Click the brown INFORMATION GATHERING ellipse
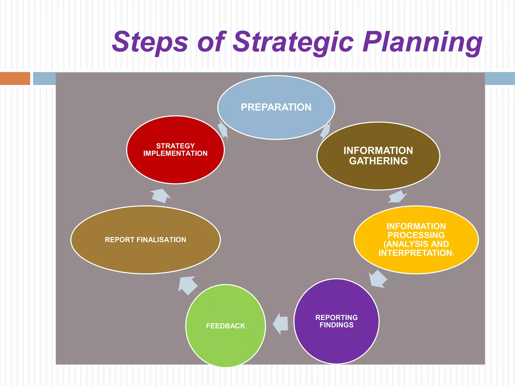pos(378,173)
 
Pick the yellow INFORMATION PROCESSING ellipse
pos(416,264)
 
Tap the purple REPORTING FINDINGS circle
pos(336,342)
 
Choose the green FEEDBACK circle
pos(226,344)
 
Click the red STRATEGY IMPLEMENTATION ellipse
pos(175,168)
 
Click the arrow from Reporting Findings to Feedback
pos(281,324)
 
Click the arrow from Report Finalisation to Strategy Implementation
pos(160,196)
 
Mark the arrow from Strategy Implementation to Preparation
pos(223,129)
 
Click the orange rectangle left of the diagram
pos(15,78)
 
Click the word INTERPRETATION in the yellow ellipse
pos(415,253)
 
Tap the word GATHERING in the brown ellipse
pos(378,161)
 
